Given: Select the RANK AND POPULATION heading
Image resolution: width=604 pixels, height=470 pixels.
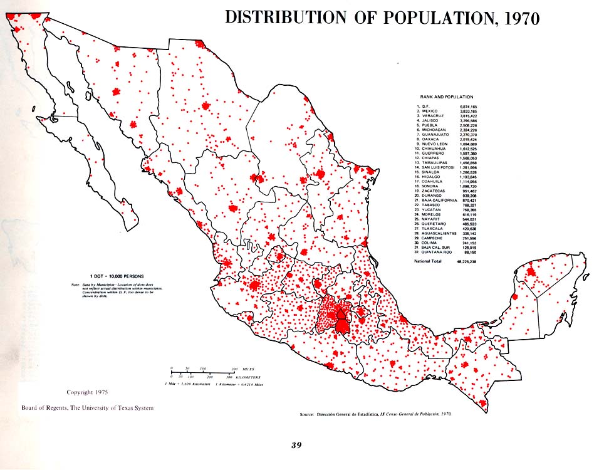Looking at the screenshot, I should pyautogui.click(x=449, y=98).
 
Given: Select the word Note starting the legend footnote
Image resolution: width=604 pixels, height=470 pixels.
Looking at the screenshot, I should pyautogui.click(x=76, y=285).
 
